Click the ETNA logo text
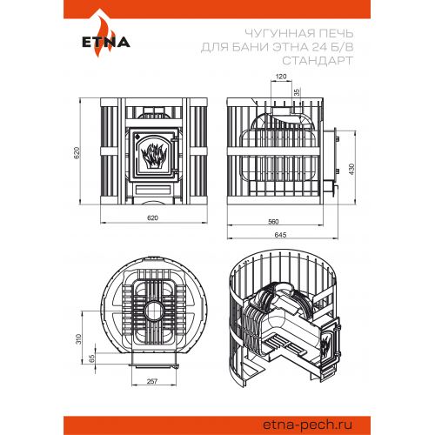coord(106,43)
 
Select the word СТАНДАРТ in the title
coord(318,61)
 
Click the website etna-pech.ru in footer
coord(307,425)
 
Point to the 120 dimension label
coord(281,77)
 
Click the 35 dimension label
coord(297,92)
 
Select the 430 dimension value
coord(351,169)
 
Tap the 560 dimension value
coord(273,222)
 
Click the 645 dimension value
coord(280,235)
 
